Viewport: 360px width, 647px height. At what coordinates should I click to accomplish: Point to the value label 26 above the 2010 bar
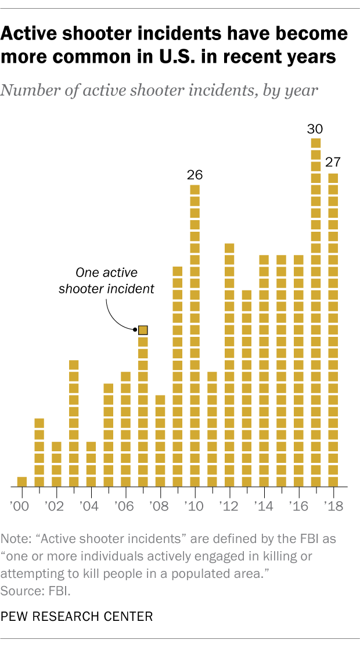195,174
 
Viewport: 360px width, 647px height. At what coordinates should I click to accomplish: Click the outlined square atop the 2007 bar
143,330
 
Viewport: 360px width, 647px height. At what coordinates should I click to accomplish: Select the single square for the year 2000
22,481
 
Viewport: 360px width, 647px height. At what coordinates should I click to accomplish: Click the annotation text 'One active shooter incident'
107,281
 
